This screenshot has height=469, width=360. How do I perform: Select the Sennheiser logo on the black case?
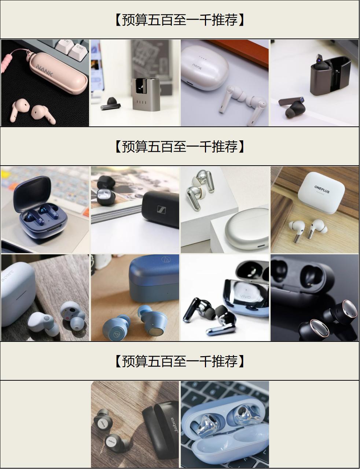click(x=161, y=210)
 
